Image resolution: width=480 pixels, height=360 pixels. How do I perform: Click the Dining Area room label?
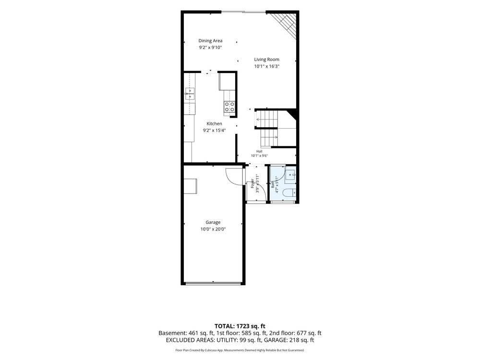[x=210, y=41]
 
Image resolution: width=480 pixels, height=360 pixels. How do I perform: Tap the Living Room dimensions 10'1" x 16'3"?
[x=266, y=66]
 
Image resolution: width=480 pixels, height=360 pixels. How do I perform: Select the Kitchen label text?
[x=214, y=124]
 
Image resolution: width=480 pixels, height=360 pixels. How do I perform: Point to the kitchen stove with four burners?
[x=229, y=107]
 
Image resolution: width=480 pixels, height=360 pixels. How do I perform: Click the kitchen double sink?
[x=190, y=94]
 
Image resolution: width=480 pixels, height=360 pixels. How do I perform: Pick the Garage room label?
[x=213, y=222]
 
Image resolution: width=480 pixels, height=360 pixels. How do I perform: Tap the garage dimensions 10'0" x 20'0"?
[x=213, y=229]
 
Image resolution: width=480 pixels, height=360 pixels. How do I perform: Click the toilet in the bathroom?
[x=289, y=193]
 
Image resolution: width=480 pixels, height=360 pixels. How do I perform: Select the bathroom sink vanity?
[x=290, y=175]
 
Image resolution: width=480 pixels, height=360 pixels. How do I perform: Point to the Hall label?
[x=259, y=151]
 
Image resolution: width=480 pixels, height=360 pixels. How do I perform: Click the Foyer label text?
[x=252, y=183]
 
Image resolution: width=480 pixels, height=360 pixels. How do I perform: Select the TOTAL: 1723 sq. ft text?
[x=240, y=326]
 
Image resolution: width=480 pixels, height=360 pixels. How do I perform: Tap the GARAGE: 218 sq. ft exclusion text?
[x=289, y=340]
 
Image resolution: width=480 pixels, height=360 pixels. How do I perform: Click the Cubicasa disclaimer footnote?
[x=240, y=350]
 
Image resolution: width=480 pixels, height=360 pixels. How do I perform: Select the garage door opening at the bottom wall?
[x=213, y=284]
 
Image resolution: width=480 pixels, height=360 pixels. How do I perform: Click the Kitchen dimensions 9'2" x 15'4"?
[x=214, y=131]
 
